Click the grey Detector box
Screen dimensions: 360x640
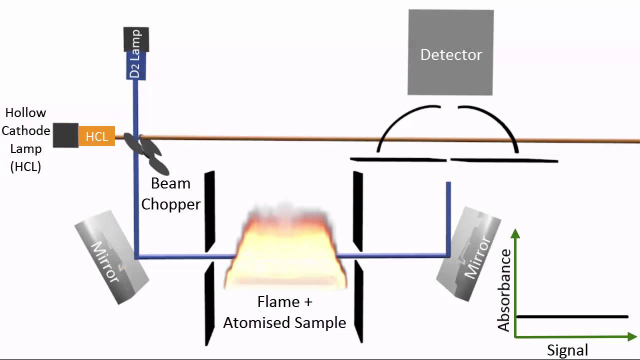click(x=450, y=52)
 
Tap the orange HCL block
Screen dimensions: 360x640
click(x=96, y=136)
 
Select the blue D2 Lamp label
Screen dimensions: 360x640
click(x=135, y=65)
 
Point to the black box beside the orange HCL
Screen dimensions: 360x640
click(x=65, y=135)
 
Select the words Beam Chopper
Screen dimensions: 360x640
click(x=170, y=194)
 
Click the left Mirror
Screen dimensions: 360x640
click(x=111, y=262)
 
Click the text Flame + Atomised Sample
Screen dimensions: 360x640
click(x=284, y=312)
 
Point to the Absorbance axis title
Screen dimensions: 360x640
click(x=504, y=290)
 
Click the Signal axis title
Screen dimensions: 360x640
click(x=567, y=350)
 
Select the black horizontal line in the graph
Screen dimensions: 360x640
click(x=572, y=316)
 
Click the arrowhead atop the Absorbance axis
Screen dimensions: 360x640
click(x=515, y=232)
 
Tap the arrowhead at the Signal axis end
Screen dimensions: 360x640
click(x=632, y=337)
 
